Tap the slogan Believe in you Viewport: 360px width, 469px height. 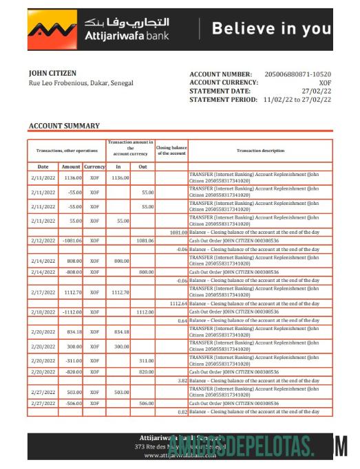tap(271, 29)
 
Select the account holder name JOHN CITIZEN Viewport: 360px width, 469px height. tap(52, 73)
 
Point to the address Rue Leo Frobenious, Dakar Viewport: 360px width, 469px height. tap(81, 83)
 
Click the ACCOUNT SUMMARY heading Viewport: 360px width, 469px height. tap(64, 126)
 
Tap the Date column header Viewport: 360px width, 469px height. tap(43, 166)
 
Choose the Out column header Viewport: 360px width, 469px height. tap(142, 166)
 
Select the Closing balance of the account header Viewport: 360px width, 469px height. tap(171, 151)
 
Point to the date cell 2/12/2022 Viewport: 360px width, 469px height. tap(43, 241)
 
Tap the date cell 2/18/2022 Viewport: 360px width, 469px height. tap(43, 312)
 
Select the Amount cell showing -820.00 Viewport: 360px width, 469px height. tap(72, 371)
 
